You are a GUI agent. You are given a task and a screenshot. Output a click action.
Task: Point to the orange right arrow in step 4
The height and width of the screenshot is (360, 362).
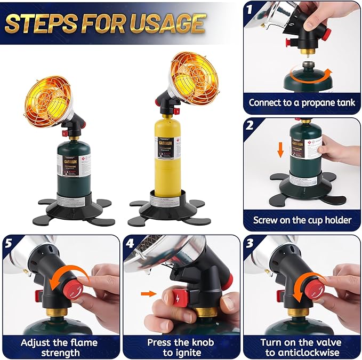pos(149,293)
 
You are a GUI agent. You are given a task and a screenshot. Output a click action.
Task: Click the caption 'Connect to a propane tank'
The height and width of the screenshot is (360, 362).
pos(302,102)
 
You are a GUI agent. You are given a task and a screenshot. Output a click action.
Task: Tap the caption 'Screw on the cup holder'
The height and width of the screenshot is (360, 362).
pos(302,220)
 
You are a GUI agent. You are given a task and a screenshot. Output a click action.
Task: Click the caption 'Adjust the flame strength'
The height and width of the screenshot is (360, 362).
pos(60,347)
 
